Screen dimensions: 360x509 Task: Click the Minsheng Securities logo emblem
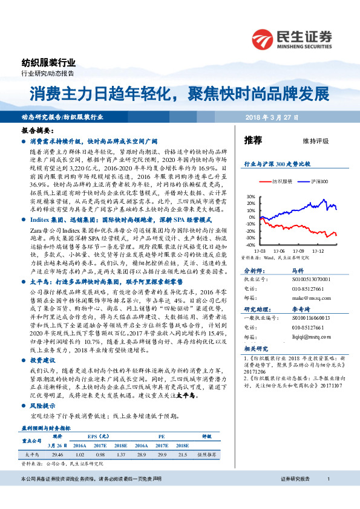click(x=263, y=36)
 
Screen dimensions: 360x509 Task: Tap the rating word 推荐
click(x=253, y=140)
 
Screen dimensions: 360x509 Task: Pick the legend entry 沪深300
click(x=320, y=181)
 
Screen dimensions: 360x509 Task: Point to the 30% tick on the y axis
click(x=251, y=196)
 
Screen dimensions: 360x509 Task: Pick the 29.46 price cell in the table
click(x=58, y=453)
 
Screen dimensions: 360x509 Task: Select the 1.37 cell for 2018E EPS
click(x=122, y=453)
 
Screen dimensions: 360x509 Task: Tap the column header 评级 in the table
click(x=206, y=435)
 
